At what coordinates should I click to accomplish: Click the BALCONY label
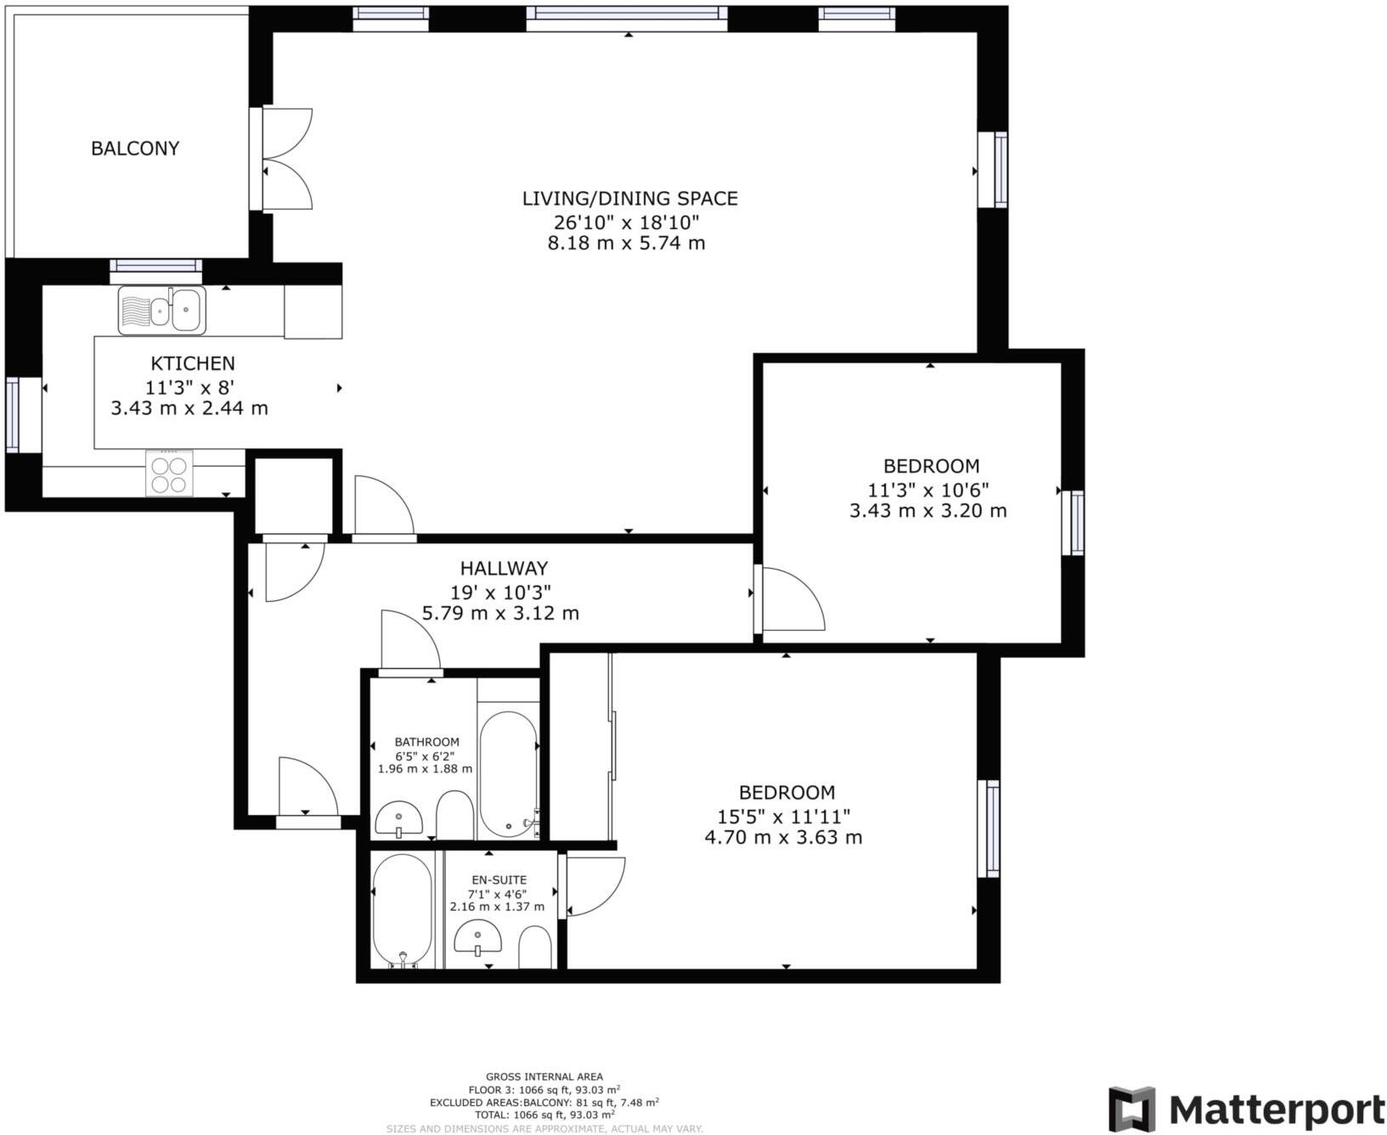pyautogui.click(x=135, y=149)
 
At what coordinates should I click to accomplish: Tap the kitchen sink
pyautogui.click(x=161, y=311)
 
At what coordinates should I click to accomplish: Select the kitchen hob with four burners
pyautogui.click(x=169, y=474)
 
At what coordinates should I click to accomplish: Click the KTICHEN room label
pyautogui.click(x=193, y=363)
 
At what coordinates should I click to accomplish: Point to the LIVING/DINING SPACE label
pyautogui.click(x=629, y=199)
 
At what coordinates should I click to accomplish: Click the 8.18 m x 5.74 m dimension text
pyautogui.click(x=627, y=244)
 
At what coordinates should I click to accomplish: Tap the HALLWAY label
pyautogui.click(x=504, y=568)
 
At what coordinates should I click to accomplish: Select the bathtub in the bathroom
pyautogui.click(x=508, y=773)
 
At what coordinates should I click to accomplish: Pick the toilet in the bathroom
pyautogui.click(x=454, y=817)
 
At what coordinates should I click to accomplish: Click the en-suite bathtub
pyautogui.click(x=403, y=909)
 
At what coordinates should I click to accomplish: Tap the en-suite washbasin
pyautogui.click(x=477, y=940)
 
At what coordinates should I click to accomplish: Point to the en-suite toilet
pyautogui.click(x=535, y=947)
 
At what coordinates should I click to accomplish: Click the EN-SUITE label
pyautogui.click(x=499, y=880)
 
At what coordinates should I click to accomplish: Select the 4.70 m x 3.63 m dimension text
pyautogui.click(x=783, y=838)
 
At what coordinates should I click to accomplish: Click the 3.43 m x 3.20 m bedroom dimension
pyautogui.click(x=928, y=511)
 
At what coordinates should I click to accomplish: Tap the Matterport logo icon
pyautogui.click(x=1131, y=1108)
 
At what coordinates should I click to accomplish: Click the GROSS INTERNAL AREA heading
pyautogui.click(x=544, y=1076)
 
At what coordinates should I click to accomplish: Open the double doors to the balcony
pyautogui.click(x=287, y=159)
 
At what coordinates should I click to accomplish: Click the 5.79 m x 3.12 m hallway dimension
pyautogui.click(x=500, y=613)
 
